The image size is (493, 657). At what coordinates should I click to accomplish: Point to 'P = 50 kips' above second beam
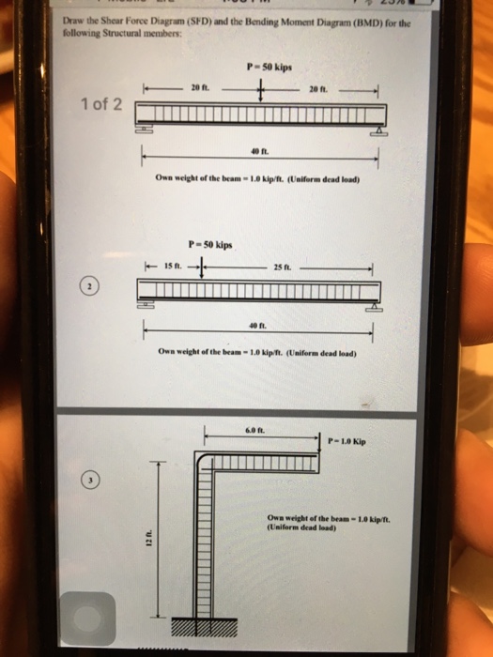point(212,245)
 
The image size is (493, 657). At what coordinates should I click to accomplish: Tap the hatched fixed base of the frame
point(198,627)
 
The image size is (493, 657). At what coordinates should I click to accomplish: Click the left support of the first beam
point(146,129)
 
